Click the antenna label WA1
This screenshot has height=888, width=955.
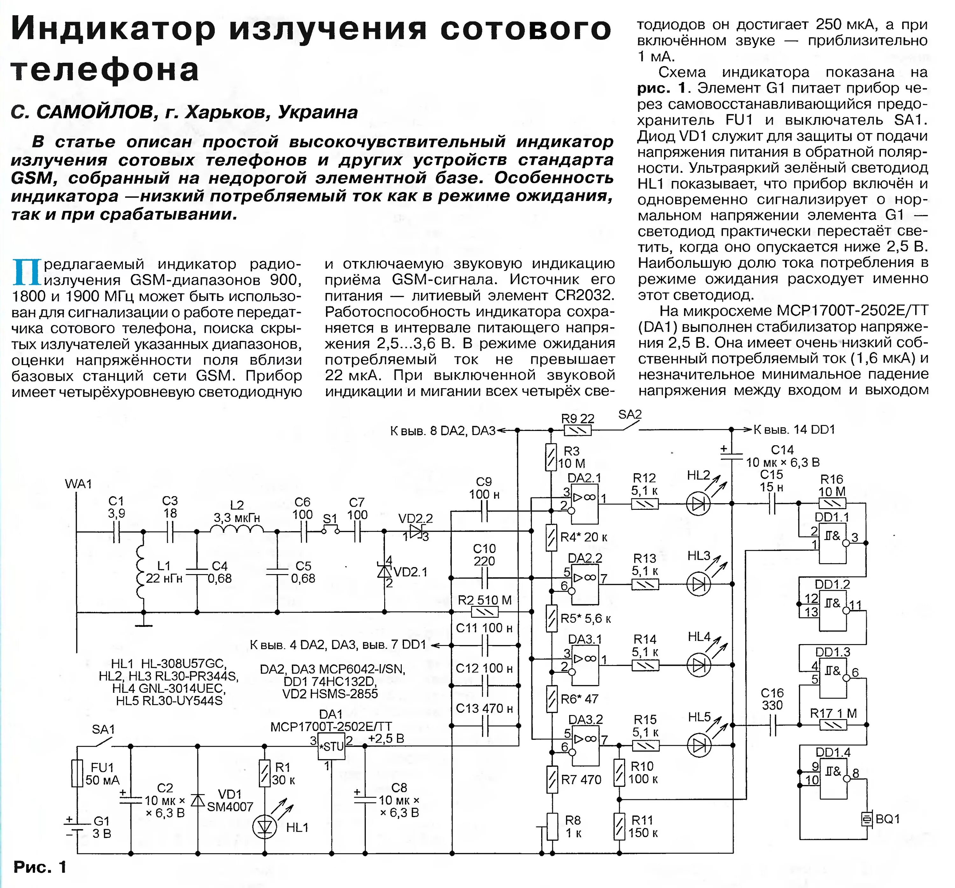point(78,483)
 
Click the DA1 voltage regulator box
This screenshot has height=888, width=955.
point(331,746)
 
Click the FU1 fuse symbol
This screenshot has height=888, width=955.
point(77,773)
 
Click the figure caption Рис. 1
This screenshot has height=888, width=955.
point(40,867)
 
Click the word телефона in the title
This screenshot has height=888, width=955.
point(105,70)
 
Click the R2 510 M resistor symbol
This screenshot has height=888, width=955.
point(485,612)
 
